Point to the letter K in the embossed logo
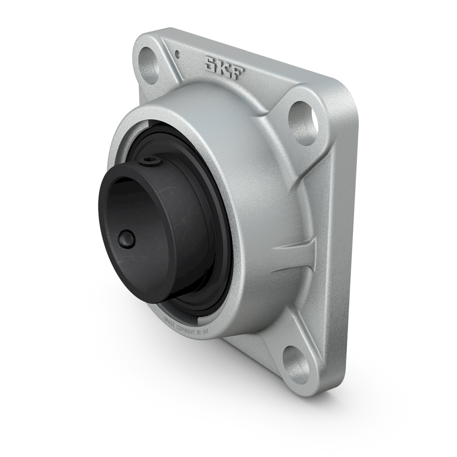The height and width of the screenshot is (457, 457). (x=224, y=67)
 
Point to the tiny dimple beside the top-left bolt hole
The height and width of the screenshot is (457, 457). (x=177, y=53)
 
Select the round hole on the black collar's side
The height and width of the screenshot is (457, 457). (x=126, y=239)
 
